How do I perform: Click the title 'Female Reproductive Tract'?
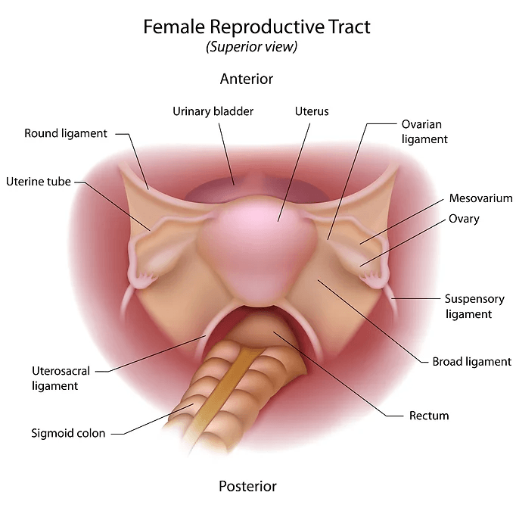256,26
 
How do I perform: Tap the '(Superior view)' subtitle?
252,46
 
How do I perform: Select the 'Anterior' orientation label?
247,79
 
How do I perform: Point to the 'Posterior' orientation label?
247,486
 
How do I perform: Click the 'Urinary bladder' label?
213,111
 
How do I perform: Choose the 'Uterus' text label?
312,111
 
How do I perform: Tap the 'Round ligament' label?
66,134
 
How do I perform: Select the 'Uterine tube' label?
39,182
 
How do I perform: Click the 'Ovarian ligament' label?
424,132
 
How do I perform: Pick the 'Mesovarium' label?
480,198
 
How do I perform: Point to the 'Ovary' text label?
464,219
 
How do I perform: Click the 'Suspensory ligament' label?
474,307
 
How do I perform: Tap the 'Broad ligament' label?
472,362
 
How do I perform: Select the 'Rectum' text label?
429,416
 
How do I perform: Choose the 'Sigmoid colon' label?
68,433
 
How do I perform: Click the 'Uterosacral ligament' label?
61,379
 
